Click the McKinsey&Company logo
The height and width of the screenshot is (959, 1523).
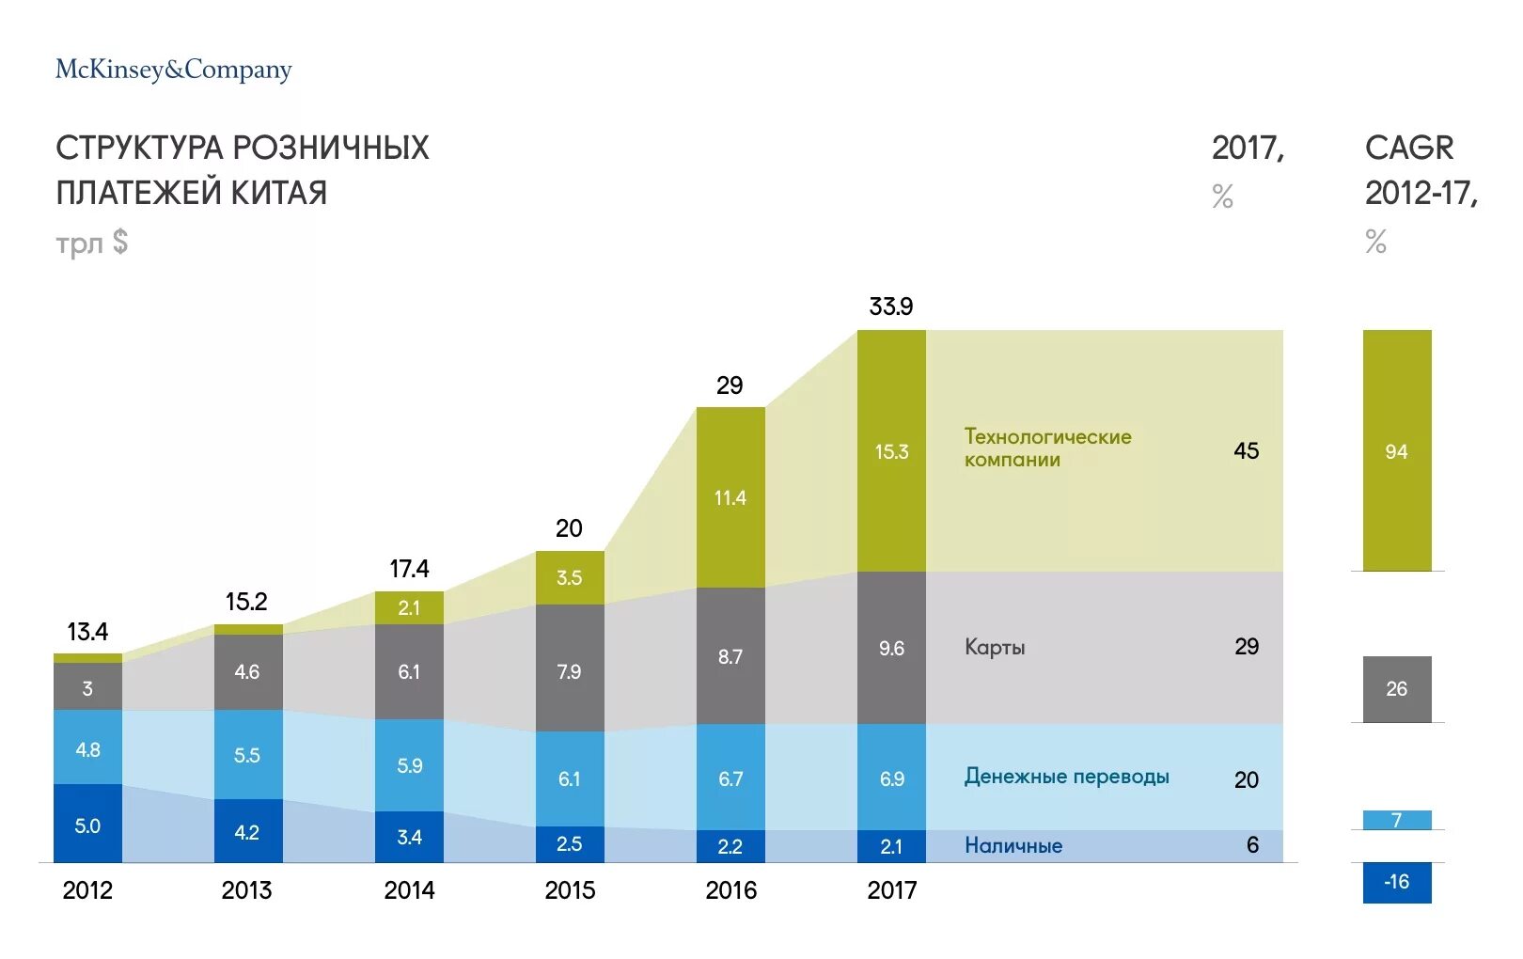tap(174, 70)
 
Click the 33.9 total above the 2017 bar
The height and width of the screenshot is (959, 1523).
tap(890, 307)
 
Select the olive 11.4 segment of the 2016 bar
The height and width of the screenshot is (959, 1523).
tap(730, 497)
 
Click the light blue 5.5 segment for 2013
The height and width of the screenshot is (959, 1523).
tap(247, 754)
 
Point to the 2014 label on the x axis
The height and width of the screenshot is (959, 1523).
tap(409, 889)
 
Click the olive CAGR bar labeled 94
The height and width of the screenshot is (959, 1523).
tap(1396, 450)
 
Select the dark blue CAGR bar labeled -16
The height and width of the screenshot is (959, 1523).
tap(1396, 882)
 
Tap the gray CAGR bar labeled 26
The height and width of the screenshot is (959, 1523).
tap(1396, 688)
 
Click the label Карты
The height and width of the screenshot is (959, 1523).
tap(995, 647)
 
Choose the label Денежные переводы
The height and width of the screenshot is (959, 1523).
tap(1066, 777)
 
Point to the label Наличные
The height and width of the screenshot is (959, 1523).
tap(1013, 845)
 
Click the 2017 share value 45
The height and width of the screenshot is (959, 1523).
tap(1246, 451)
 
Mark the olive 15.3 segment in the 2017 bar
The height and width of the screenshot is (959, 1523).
tap(891, 451)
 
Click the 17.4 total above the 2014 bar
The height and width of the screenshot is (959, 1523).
tap(409, 569)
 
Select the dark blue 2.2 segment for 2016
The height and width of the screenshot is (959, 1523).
tap(730, 846)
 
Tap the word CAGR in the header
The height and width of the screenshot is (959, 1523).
tap(1408, 148)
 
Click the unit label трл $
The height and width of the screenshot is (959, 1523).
tap(91, 243)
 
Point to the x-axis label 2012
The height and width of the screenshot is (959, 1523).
tap(87, 889)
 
